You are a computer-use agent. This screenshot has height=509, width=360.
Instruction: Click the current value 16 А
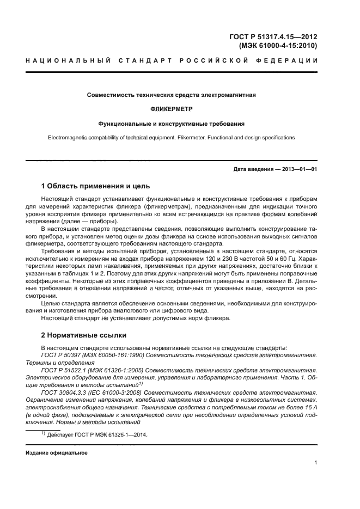pos(310,407)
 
